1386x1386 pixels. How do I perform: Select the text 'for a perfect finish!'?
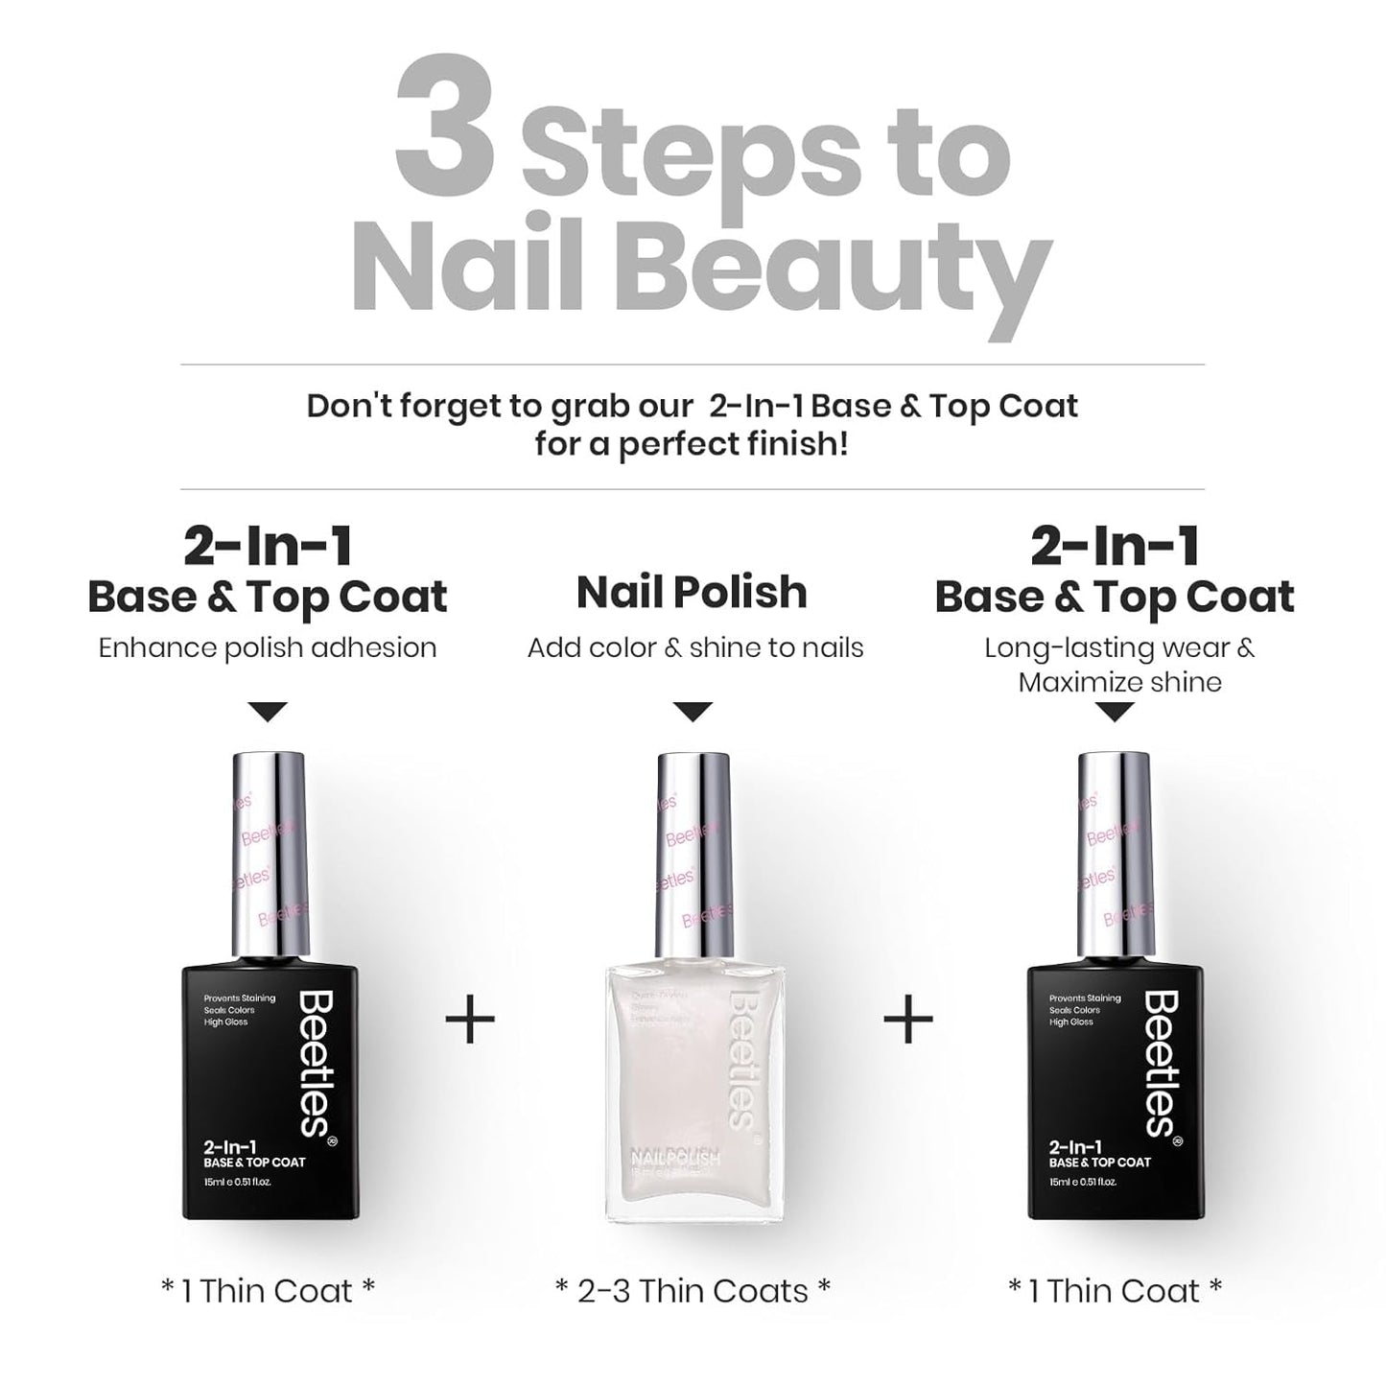pyautogui.click(x=692, y=445)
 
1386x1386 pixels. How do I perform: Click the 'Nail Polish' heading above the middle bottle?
pyautogui.click(x=692, y=593)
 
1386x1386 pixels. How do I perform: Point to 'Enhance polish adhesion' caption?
pyautogui.click(x=268, y=647)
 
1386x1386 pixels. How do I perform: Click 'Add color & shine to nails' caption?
pyautogui.click(x=695, y=647)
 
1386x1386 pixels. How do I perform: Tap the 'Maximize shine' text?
pyautogui.click(x=1119, y=683)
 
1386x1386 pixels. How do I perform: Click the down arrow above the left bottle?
pyautogui.click(x=268, y=712)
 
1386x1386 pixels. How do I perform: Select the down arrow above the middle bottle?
pyautogui.click(x=693, y=712)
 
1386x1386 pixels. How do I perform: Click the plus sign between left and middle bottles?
pyautogui.click(x=470, y=1019)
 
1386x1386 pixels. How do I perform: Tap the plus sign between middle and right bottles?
pyautogui.click(x=907, y=1019)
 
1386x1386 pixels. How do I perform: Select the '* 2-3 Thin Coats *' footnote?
pyautogui.click(x=693, y=1291)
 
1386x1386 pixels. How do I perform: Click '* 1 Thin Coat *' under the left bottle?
pyautogui.click(x=268, y=1291)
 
